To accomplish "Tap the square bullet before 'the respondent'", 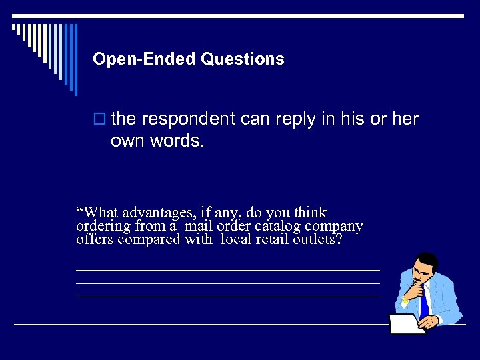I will (x=101, y=119).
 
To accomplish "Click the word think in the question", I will (x=310, y=213).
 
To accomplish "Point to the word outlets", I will (x=317, y=239).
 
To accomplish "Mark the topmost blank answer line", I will (x=227, y=270).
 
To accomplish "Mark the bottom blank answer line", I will (x=227, y=297).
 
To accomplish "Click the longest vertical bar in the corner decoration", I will (x=75, y=60).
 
